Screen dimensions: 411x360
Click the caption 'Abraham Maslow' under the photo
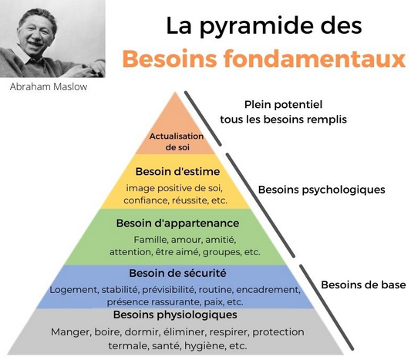(x=49, y=87)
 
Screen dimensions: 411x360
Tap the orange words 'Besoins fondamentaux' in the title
(x=264, y=59)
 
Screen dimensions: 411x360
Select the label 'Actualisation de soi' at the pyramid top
(x=177, y=142)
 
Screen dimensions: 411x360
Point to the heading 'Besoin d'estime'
(x=177, y=172)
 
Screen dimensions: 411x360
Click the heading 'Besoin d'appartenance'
(x=177, y=224)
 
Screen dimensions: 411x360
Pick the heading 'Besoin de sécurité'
(x=177, y=273)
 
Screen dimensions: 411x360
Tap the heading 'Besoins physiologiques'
(x=175, y=315)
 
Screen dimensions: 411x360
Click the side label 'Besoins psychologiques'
(x=322, y=190)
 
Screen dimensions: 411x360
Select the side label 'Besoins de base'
(x=363, y=284)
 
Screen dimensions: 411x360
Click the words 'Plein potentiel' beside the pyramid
(x=283, y=105)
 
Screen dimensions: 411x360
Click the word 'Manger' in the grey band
(x=71, y=332)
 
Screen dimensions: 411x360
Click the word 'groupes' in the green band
(x=222, y=253)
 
